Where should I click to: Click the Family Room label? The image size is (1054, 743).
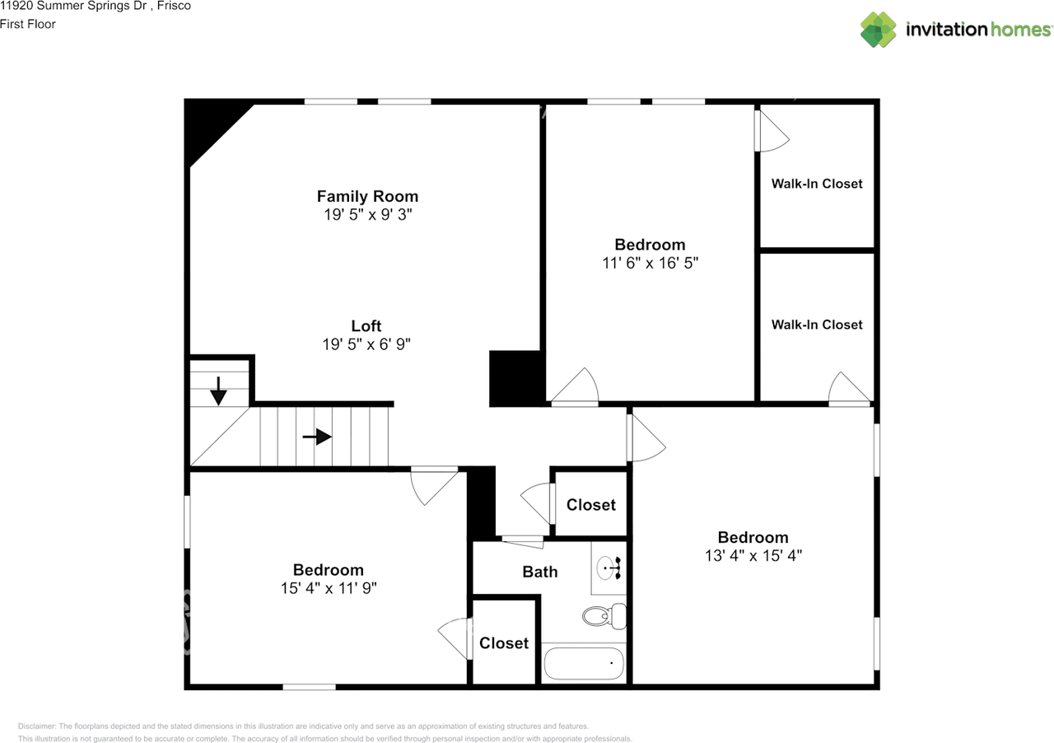pos(367,196)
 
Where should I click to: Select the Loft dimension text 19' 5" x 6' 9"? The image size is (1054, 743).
pos(366,344)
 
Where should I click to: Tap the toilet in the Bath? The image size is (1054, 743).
pos(604,616)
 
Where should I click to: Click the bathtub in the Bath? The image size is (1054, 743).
pos(584,663)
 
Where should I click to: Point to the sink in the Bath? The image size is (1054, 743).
pos(609,568)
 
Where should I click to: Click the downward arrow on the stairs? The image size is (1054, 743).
pos(218,390)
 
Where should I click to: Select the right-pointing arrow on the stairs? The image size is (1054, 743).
pos(317,437)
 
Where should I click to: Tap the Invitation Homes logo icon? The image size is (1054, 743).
pos(878,30)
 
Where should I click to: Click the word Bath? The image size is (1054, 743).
pos(539,572)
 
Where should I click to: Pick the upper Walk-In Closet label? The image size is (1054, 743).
pos(817,184)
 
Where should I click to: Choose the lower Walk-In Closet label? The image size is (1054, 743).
pos(817,325)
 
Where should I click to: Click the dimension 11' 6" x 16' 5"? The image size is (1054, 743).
pos(651,263)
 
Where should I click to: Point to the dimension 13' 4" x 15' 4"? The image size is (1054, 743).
pos(753,555)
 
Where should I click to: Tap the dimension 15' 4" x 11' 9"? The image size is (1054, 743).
pos(329,588)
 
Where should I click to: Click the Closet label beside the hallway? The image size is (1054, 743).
pos(591,505)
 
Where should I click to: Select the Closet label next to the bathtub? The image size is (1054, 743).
pos(504,643)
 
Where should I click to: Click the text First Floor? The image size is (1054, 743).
pos(28,24)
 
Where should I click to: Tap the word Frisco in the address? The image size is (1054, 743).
pos(174,6)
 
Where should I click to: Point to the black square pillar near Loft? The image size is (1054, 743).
pos(515,378)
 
